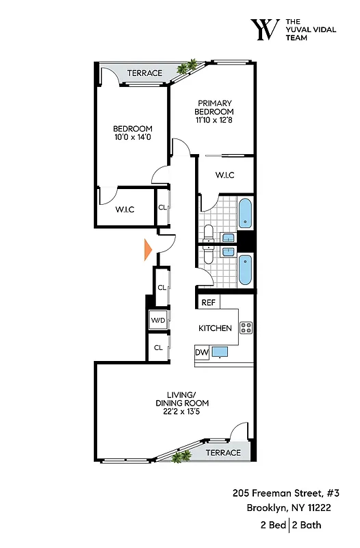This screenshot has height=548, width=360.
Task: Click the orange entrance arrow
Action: (x=147, y=250)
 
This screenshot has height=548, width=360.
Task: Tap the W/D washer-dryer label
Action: (x=158, y=320)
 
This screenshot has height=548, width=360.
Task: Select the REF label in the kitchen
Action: (x=208, y=303)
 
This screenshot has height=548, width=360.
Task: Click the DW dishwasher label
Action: (x=201, y=353)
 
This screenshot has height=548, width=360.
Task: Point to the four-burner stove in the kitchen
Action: (x=246, y=327)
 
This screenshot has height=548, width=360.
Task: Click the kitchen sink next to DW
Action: (x=220, y=353)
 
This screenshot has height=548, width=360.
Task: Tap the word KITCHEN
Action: (x=215, y=328)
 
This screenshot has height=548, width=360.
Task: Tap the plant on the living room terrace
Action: (x=181, y=457)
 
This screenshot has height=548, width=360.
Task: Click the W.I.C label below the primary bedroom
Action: (x=225, y=175)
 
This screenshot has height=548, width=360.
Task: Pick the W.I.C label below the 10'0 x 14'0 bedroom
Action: (x=125, y=209)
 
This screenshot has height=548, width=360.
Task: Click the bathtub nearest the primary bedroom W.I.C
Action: (x=245, y=213)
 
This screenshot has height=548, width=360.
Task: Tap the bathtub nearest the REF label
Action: (x=245, y=270)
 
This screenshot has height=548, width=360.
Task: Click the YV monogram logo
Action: (x=266, y=29)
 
